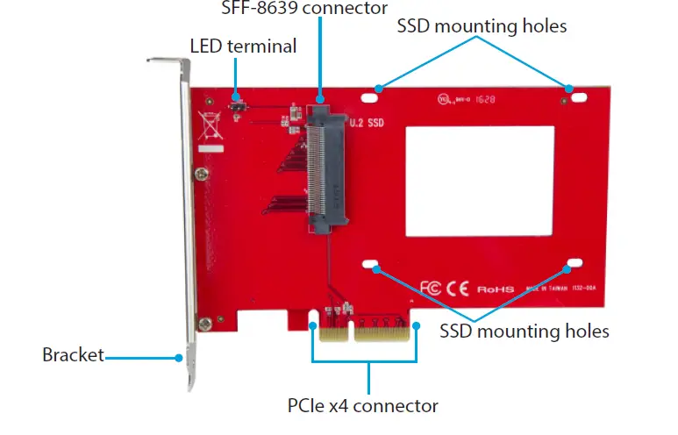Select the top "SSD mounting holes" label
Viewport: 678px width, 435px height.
pyautogui.click(x=482, y=26)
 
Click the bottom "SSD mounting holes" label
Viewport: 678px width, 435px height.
pyautogui.click(x=524, y=332)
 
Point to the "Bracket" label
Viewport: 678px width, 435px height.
pyautogui.click(x=73, y=355)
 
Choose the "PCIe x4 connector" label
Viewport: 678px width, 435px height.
pyautogui.click(x=362, y=406)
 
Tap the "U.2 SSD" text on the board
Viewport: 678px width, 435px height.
pyautogui.click(x=367, y=124)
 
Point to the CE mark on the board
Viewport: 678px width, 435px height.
pyautogui.click(x=460, y=287)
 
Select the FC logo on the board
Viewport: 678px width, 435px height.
pyautogui.click(x=432, y=287)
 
